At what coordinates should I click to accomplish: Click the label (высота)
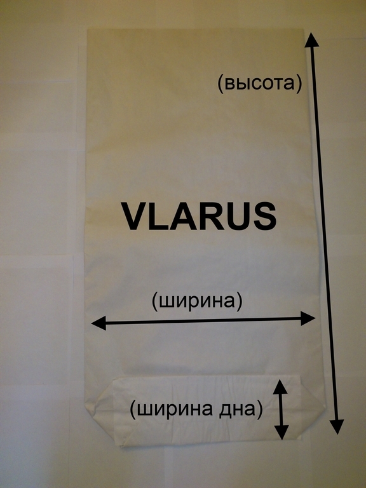pyautogui.click(x=259, y=84)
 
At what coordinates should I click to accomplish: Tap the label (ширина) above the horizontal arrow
pyautogui.click(x=197, y=302)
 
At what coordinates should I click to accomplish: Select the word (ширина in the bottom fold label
pyautogui.click(x=177, y=410)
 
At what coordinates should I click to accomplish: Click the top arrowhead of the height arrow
pyautogui.click(x=312, y=40)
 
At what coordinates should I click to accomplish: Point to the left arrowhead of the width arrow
pyautogui.click(x=99, y=323)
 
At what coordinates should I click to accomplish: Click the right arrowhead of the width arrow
pyautogui.click(x=308, y=318)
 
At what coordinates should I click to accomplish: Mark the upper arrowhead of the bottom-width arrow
pyautogui.click(x=280, y=387)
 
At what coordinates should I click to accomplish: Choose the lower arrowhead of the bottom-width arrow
pyautogui.click(x=281, y=432)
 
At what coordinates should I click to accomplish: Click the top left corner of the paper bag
pyautogui.click(x=88, y=30)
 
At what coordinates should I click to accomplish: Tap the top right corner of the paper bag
pyautogui.click(x=303, y=30)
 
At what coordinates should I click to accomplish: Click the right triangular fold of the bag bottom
pyautogui.click(x=312, y=406)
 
